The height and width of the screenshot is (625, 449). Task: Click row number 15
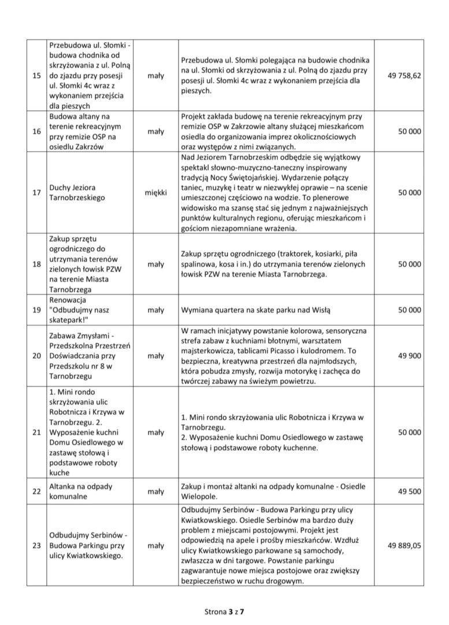[x=36, y=76]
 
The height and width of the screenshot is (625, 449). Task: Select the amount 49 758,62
[x=404, y=75]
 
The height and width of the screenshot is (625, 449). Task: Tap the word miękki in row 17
[x=155, y=192]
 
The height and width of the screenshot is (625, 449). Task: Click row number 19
[x=36, y=310]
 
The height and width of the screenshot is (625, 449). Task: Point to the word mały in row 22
[x=155, y=491]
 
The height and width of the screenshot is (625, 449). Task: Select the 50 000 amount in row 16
[x=409, y=131]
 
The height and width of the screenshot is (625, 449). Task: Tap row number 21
[x=36, y=432]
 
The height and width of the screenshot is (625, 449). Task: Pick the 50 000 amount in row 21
[x=409, y=432]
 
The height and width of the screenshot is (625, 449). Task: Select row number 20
[x=36, y=355]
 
